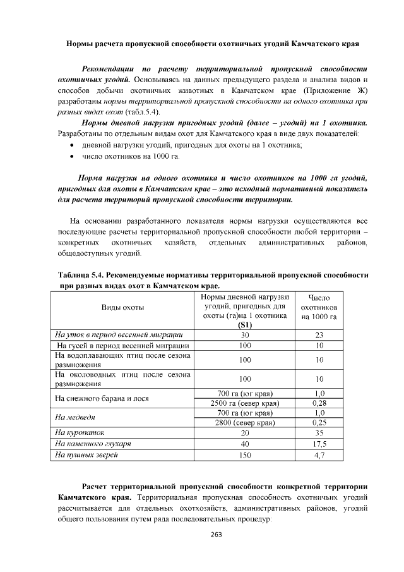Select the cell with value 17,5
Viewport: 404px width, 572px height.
319,444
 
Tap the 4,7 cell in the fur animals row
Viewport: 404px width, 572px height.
319,454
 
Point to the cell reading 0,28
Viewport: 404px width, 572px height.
319,403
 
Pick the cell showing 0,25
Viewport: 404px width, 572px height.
319,423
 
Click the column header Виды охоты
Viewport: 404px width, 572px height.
123,307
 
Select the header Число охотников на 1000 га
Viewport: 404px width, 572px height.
319,307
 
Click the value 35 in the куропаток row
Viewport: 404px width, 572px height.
319,433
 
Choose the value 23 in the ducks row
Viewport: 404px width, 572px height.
319,335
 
